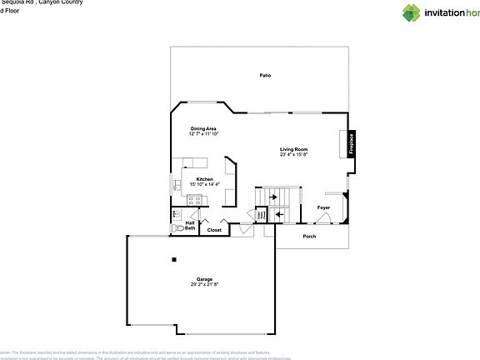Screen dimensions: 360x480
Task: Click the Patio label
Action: tap(265, 76)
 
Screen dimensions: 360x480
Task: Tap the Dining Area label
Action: tap(204, 128)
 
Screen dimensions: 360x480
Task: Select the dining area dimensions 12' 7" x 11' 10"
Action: tap(204, 133)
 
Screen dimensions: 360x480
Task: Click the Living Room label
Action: tap(294, 149)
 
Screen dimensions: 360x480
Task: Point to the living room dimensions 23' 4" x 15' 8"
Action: tap(294, 154)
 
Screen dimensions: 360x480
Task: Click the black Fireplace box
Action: tap(352, 143)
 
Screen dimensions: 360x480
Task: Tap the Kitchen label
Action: tap(204, 179)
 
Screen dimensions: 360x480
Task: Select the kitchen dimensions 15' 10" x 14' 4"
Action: tap(204, 184)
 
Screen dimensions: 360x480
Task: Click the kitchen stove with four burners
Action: tap(195, 198)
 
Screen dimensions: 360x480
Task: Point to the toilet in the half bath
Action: tap(177, 227)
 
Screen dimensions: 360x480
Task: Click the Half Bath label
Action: tap(190, 225)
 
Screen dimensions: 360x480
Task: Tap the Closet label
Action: tap(214, 230)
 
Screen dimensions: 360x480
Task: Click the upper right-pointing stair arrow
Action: tap(272, 197)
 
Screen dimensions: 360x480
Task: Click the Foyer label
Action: tap(324, 207)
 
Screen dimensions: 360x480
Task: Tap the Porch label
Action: tap(309, 237)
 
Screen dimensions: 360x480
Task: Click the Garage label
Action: tap(204, 279)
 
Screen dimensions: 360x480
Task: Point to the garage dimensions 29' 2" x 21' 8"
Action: tap(204, 284)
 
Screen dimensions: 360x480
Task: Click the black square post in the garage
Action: tap(174, 259)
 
